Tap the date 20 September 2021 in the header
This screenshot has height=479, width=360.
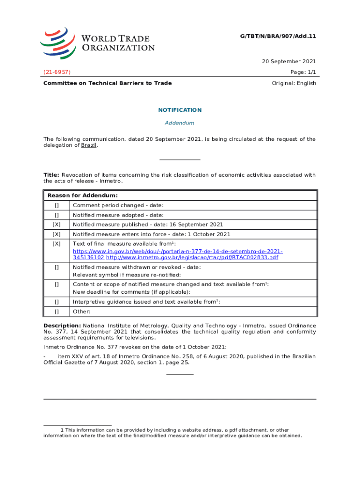[x=288, y=61]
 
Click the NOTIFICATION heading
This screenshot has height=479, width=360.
[x=180, y=110]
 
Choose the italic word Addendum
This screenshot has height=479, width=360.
[x=180, y=123]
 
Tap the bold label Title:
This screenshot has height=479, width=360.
[x=51, y=175]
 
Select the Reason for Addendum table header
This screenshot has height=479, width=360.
[x=82, y=195]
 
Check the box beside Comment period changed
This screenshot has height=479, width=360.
[x=57, y=205]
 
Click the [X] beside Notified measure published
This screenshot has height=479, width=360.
[x=57, y=225]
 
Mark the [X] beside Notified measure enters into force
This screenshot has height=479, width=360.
[x=57, y=234]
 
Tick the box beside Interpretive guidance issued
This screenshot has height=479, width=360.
[x=57, y=302]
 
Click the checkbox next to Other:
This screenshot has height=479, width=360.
[x=57, y=312]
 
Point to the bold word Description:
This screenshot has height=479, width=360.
[x=62, y=326]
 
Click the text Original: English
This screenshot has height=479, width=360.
[x=294, y=83]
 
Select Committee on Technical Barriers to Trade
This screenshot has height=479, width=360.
[x=108, y=83]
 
